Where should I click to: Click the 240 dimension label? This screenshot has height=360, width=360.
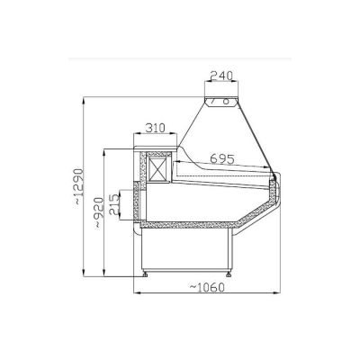(x=221, y=76)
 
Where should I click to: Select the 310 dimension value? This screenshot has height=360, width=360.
(x=155, y=128)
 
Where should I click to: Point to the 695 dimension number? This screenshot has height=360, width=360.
(x=222, y=158)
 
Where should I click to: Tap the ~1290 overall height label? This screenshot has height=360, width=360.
(x=78, y=186)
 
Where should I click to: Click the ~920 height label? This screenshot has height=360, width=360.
(x=99, y=212)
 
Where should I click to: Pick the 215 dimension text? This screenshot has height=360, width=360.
(x=114, y=204)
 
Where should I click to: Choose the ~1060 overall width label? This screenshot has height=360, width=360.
(x=207, y=287)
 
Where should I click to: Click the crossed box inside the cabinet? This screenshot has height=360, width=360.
(x=158, y=168)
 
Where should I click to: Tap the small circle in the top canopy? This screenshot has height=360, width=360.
(x=227, y=102)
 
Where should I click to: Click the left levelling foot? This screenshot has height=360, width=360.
(x=146, y=274)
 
